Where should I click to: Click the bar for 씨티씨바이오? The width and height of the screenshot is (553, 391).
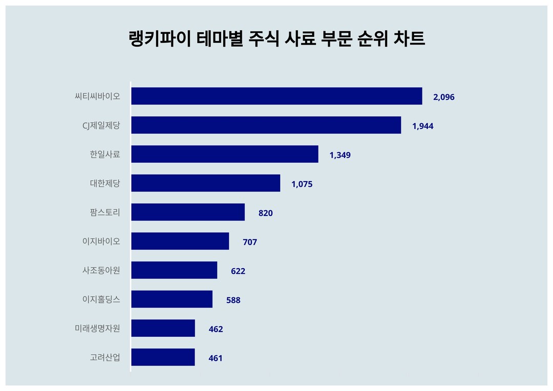pos(276,96)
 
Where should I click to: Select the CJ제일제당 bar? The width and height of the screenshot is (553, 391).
pos(266,125)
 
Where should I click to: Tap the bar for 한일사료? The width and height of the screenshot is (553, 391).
pos(224,154)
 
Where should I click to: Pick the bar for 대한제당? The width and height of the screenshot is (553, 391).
pos(205,183)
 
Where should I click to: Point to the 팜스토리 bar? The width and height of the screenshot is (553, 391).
pos(187,212)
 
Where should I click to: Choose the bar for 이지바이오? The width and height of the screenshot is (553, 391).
pos(180,241)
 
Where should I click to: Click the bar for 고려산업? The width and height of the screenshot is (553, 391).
pos(163,357)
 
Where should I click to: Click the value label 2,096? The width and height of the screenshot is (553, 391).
pos(443,97)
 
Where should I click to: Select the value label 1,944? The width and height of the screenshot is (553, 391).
pos(422,126)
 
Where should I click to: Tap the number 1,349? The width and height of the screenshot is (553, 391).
pos(340,155)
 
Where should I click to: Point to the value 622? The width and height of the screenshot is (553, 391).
pos(238,271)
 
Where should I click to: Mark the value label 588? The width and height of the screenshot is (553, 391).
pos(233,300)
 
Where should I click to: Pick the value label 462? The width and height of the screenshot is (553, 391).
pos(216,329)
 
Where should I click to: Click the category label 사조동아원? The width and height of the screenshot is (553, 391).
pos(101,270)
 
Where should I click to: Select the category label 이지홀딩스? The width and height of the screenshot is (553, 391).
pos(101,299)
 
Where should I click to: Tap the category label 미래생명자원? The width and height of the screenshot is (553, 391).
pos(97,329)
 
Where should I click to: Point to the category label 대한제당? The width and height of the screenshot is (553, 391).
pos(104,183)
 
